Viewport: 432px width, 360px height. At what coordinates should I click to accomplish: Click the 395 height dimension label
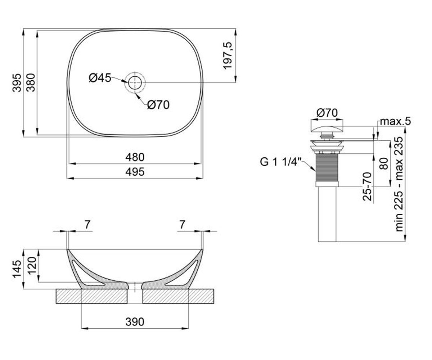[x=17, y=82]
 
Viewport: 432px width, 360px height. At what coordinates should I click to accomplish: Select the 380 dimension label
[x=31, y=82]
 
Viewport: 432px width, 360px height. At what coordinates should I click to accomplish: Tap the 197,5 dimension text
[x=228, y=56]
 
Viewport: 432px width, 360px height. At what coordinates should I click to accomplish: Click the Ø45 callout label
[x=100, y=78]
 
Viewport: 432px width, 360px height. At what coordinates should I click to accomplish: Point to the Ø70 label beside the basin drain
[x=158, y=105]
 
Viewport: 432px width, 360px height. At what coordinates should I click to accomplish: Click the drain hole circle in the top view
[x=135, y=82]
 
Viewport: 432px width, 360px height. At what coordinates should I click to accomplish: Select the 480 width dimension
[x=135, y=157]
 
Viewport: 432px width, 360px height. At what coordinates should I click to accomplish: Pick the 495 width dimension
[x=135, y=172]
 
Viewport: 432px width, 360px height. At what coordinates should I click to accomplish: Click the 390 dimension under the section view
[x=135, y=322]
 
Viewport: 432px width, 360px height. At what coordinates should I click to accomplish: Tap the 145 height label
[x=17, y=269]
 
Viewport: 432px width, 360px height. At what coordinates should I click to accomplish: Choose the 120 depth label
[x=32, y=266]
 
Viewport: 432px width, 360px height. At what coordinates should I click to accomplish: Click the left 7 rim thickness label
[x=87, y=225]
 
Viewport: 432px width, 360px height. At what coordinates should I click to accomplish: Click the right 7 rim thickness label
[x=182, y=225]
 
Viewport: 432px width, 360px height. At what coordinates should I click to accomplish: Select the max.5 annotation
[x=395, y=121]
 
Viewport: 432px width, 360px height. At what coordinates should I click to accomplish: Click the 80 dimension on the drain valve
[x=384, y=164]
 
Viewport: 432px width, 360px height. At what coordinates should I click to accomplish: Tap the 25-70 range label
[x=368, y=186]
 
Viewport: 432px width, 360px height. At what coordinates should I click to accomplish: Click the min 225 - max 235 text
[x=399, y=184]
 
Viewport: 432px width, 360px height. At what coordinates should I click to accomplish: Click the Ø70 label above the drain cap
[x=327, y=113]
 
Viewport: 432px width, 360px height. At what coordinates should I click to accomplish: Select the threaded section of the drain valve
[x=327, y=168]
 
